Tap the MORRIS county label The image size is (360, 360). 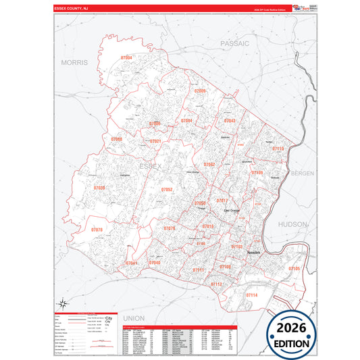tap(75, 62)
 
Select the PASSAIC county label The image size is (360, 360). tap(234, 43)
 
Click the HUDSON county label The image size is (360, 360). tap(292, 224)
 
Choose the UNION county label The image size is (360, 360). tap(134, 317)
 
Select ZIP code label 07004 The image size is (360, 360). tap(126, 59)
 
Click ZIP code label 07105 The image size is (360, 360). tap(294, 269)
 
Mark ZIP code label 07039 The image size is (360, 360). tap(99, 188)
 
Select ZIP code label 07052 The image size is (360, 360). tap(167, 190)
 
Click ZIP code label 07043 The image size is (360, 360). tap(230, 121)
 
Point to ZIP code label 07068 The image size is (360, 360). tap(117, 139)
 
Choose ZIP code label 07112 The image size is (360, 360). tap(216, 284)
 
